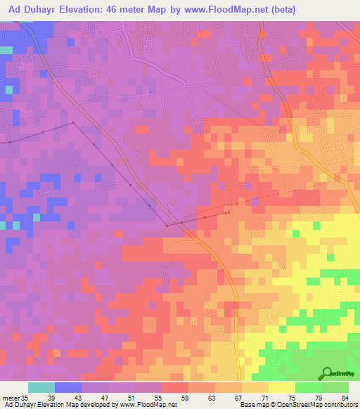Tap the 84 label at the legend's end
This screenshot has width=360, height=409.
344,397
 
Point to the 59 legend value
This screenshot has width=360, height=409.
185,397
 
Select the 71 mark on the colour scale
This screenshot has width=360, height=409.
264,397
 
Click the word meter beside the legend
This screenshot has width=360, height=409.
10,397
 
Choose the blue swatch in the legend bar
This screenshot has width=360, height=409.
68,387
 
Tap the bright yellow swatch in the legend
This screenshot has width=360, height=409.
281,387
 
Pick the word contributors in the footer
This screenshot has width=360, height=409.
340,405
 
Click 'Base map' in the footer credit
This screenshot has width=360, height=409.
253,405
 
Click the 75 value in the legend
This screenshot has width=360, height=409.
291,397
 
